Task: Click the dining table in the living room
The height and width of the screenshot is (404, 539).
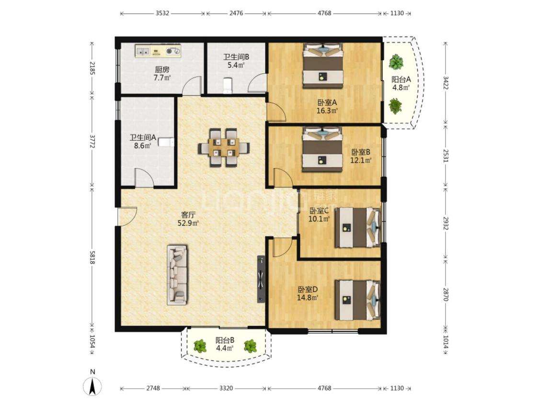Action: coord(224,148)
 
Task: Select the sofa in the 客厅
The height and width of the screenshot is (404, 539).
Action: coord(177,275)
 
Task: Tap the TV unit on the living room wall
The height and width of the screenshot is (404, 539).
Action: coord(261,279)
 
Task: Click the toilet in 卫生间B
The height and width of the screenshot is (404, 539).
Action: coord(228,86)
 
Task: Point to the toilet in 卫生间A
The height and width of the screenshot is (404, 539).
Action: coord(167,142)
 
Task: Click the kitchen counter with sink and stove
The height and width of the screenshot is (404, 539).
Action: coord(158,51)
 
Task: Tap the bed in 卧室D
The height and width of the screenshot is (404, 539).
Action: coord(357,300)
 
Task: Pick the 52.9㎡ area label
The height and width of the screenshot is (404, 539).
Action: coord(188,223)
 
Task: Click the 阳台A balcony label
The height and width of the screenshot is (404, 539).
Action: coord(401,79)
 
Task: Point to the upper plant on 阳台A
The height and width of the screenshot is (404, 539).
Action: coord(396,62)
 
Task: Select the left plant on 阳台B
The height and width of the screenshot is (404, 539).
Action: coord(200,346)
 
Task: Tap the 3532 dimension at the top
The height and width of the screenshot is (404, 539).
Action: coord(162,13)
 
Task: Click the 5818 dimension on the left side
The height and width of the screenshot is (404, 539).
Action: coord(92,257)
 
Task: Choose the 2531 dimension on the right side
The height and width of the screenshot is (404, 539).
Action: coord(446,156)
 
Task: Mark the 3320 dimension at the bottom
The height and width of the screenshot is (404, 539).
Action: coord(226,388)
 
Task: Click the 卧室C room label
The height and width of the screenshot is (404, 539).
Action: coord(319,211)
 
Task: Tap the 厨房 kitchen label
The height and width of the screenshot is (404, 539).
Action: coord(162,70)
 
